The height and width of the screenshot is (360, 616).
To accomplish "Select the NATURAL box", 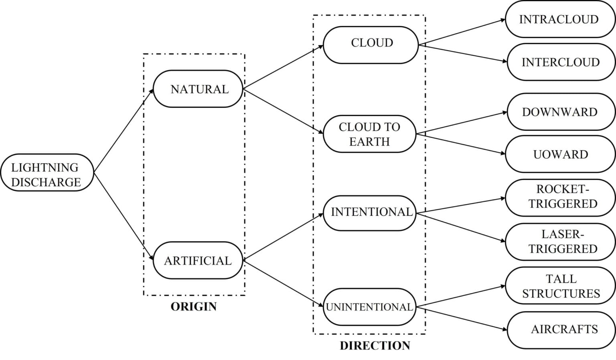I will point(198,89).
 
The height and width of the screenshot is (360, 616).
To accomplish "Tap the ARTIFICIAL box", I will point(198,260).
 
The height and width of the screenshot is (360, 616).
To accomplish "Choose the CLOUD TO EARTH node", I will point(369,134).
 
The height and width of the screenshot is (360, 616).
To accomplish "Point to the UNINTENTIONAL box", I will point(369,307).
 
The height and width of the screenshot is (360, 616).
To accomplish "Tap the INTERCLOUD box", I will point(561,62).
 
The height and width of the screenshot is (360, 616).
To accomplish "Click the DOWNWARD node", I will point(561,112).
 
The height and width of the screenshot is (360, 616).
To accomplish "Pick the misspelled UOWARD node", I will point(560,154).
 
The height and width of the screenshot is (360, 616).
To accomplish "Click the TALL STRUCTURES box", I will point(560,286).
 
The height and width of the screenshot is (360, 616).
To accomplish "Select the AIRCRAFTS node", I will point(561,329).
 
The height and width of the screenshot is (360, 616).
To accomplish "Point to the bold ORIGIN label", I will point(194,307).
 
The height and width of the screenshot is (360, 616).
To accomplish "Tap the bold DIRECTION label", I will point(375,346).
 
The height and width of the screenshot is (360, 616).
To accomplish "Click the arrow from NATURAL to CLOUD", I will point(283,67).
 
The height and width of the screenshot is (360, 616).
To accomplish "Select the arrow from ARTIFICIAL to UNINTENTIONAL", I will point(283,284).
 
